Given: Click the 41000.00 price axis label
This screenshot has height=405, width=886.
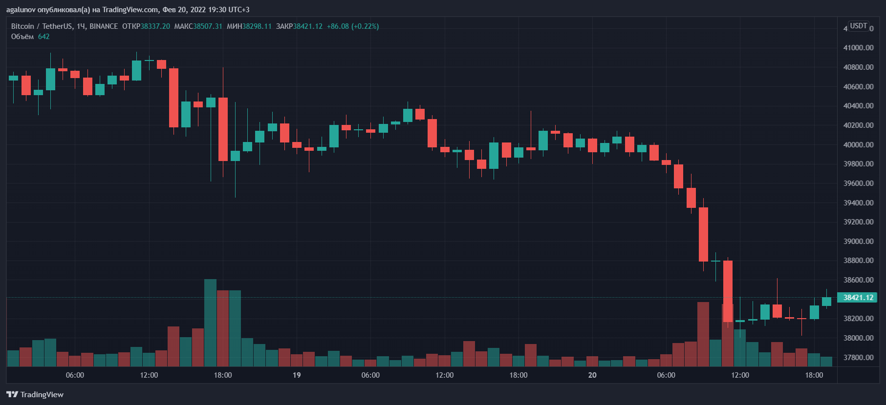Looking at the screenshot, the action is [x=858, y=48].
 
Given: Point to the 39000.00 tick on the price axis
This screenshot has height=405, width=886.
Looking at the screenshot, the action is [x=858, y=242].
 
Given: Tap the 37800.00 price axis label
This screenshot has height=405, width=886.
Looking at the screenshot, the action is [x=858, y=358].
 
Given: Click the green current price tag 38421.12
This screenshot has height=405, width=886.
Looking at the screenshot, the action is [x=858, y=298].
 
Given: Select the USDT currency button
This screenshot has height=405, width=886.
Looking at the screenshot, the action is [x=859, y=26].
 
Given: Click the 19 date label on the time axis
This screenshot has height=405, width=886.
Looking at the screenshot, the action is [x=297, y=375].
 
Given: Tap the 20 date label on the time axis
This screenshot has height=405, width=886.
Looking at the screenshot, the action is [x=592, y=375].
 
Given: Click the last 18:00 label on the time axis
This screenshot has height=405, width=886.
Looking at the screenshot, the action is [x=814, y=375].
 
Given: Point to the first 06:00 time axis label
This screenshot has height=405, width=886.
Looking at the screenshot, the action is [x=75, y=375].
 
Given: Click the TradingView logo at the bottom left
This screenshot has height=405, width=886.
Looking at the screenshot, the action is [x=35, y=394].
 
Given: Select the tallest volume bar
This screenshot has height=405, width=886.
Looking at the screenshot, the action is [x=210, y=323].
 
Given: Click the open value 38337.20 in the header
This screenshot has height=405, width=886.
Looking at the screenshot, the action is [x=155, y=26].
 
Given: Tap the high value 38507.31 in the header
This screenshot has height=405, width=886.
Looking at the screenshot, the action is [x=208, y=26].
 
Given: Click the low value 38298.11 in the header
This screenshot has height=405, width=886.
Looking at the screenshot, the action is [x=257, y=26].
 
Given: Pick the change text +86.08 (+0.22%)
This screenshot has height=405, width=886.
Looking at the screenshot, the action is [x=353, y=26].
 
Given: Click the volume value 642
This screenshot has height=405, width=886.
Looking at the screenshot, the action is [x=44, y=37].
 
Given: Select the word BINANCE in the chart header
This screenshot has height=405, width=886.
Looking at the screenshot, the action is [x=104, y=26].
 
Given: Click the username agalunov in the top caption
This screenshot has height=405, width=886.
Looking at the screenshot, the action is [x=21, y=10].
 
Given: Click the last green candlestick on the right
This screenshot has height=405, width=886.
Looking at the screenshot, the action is [x=826, y=302].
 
